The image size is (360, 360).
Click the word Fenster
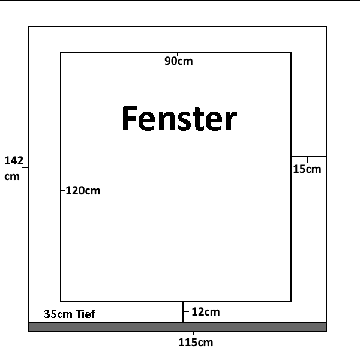click(179, 118)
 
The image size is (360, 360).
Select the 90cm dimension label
click(179, 61)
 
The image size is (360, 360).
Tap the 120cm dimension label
click(83, 191)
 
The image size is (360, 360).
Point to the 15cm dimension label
click(307, 169)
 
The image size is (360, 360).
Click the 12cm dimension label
click(206, 312)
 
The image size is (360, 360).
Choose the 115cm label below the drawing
click(196, 343)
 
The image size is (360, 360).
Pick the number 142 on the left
click(14, 161)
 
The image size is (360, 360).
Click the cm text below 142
click(12, 176)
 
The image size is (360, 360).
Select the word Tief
click(85, 314)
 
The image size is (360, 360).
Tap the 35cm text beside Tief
click(59, 314)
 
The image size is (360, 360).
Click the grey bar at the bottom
click(177, 327)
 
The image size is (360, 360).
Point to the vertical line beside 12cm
click(183, 312)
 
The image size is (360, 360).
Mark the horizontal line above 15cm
click(308, 157)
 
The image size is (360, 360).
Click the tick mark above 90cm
click(178, 54)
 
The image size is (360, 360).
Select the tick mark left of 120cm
click(63, 190)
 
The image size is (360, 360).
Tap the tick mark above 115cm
click(194, 334)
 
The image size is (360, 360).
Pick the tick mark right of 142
click(25, 167)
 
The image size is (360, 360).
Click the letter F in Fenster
click(130, 118)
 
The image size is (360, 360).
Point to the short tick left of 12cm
click(186, 311)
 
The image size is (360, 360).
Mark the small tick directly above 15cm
click(308, 160)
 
